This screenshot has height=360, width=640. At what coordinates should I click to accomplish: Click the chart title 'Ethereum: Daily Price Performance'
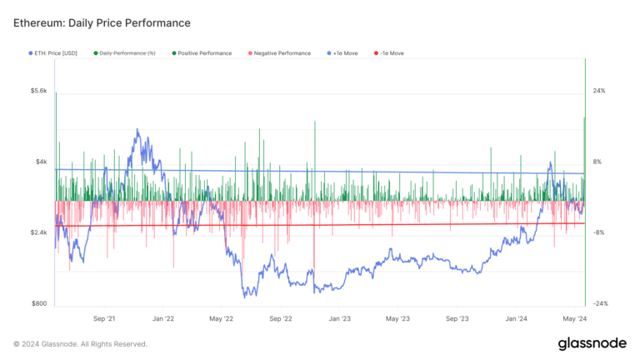tap(102, 22)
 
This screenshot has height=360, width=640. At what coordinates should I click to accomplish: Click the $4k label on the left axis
tap(41, 162)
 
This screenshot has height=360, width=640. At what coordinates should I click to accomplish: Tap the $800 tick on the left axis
tap(39, 304)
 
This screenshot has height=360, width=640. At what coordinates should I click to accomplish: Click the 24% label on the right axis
tap(599, 90)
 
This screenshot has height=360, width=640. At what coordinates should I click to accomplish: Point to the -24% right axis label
tap(600, 304)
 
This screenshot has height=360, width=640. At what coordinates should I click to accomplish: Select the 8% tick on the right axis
tap(597, 162)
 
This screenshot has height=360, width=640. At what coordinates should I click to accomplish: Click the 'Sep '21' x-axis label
tap(105, 318)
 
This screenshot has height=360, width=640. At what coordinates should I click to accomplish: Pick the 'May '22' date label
tap(222, 318)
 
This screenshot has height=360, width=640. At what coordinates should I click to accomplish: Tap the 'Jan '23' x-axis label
tap(340, 318)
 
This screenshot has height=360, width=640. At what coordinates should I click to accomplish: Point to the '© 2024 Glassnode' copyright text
tap(80, 343)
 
